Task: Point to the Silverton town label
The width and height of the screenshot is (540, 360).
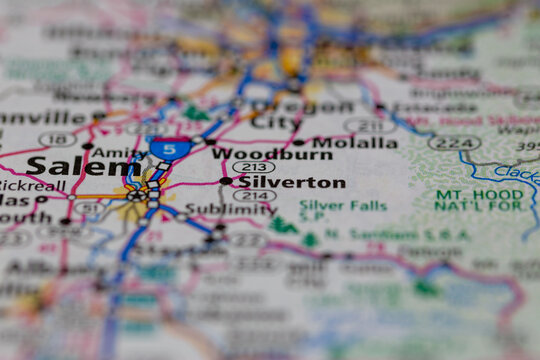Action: (x=291, y=183)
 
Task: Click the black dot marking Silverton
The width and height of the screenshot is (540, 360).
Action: (x=226, y=182)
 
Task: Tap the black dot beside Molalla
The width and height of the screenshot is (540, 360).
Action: (x=299, y=142)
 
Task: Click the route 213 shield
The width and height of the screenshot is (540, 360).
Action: (x=253, y=167)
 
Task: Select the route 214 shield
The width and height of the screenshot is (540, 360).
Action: (x=253, y=196)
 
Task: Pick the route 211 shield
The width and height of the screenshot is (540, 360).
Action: (x=369, y=126)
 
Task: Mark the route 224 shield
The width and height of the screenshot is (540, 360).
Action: (x=455, y=143)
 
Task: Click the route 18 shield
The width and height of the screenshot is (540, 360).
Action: (x=57, y=139)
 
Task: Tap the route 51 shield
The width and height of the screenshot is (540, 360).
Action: (x=88, y=208)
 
